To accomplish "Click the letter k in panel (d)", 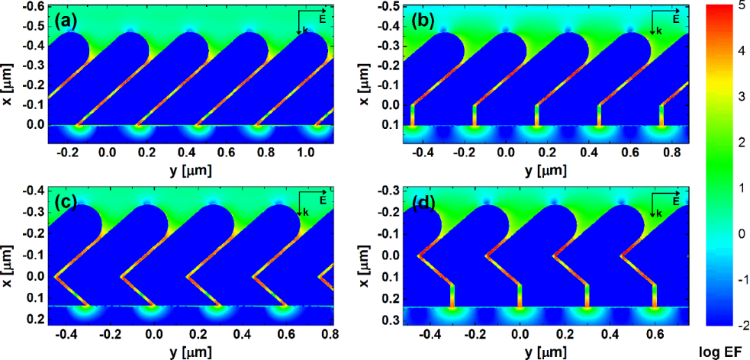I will point(660,214).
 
